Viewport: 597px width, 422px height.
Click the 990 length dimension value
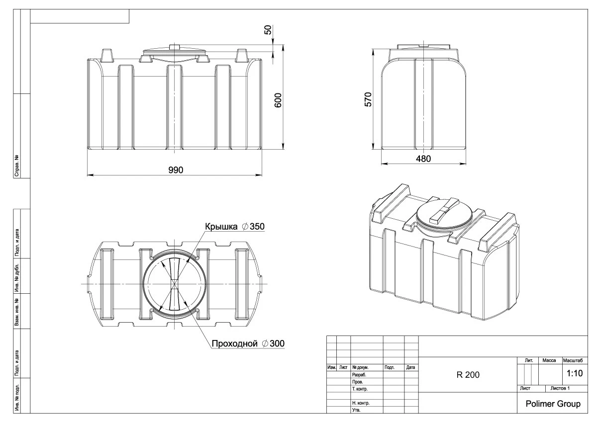pos(175,170)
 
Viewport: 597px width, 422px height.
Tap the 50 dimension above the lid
pos(269,30)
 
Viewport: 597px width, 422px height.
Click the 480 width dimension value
pos(423,159)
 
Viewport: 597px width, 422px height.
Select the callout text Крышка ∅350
pos(234,226)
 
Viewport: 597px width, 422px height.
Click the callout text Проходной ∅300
pos(248,343)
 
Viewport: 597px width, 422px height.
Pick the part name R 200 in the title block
pos(468,375)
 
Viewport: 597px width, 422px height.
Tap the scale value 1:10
pos(575,373)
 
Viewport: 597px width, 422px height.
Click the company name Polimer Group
pos(553,404)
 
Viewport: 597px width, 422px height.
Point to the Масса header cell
pos(549,360)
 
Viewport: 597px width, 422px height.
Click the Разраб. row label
pos(359,375)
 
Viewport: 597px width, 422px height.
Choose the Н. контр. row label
pos(360,403)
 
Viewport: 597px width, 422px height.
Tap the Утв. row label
pos(356,411)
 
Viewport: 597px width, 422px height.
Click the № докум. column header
pos(360,368)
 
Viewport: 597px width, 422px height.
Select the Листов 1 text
pos(560,388)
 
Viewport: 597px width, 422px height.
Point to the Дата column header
pos(411,368)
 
